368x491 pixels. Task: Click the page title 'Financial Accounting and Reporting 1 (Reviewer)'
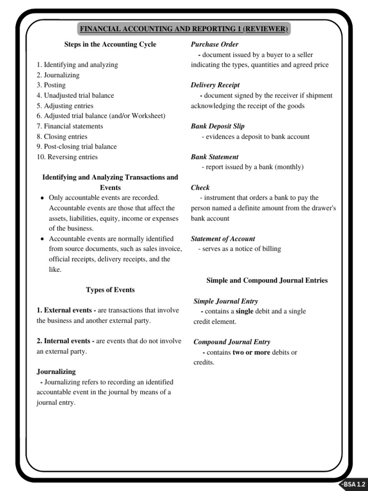[184, 29]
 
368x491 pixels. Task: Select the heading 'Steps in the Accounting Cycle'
[110, 45]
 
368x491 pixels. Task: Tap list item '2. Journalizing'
[58, 75]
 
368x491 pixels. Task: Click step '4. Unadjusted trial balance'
[75, 95]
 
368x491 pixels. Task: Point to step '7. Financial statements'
[70, 126]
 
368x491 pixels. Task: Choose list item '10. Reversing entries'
[67, 157]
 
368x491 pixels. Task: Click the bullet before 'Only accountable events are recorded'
[43, 198]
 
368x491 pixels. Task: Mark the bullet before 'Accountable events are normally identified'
[43, 239]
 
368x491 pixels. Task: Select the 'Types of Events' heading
[110, 290]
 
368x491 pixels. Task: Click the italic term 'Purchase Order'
[211, 45]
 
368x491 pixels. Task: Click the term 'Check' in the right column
[200, 187]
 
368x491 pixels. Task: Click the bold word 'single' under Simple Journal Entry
[245, 312]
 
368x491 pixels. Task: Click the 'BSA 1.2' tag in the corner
[355, 484]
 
